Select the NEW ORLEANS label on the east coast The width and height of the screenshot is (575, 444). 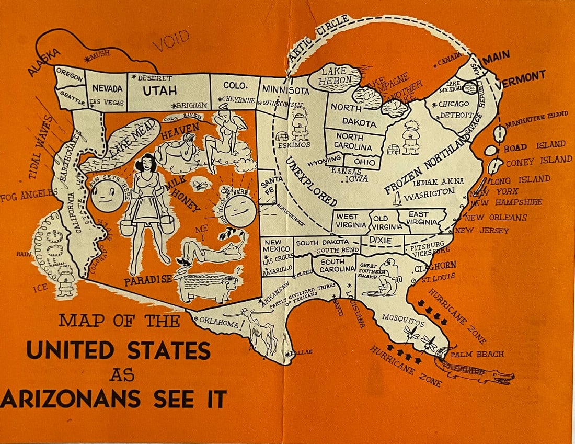[x=496, y=217]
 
